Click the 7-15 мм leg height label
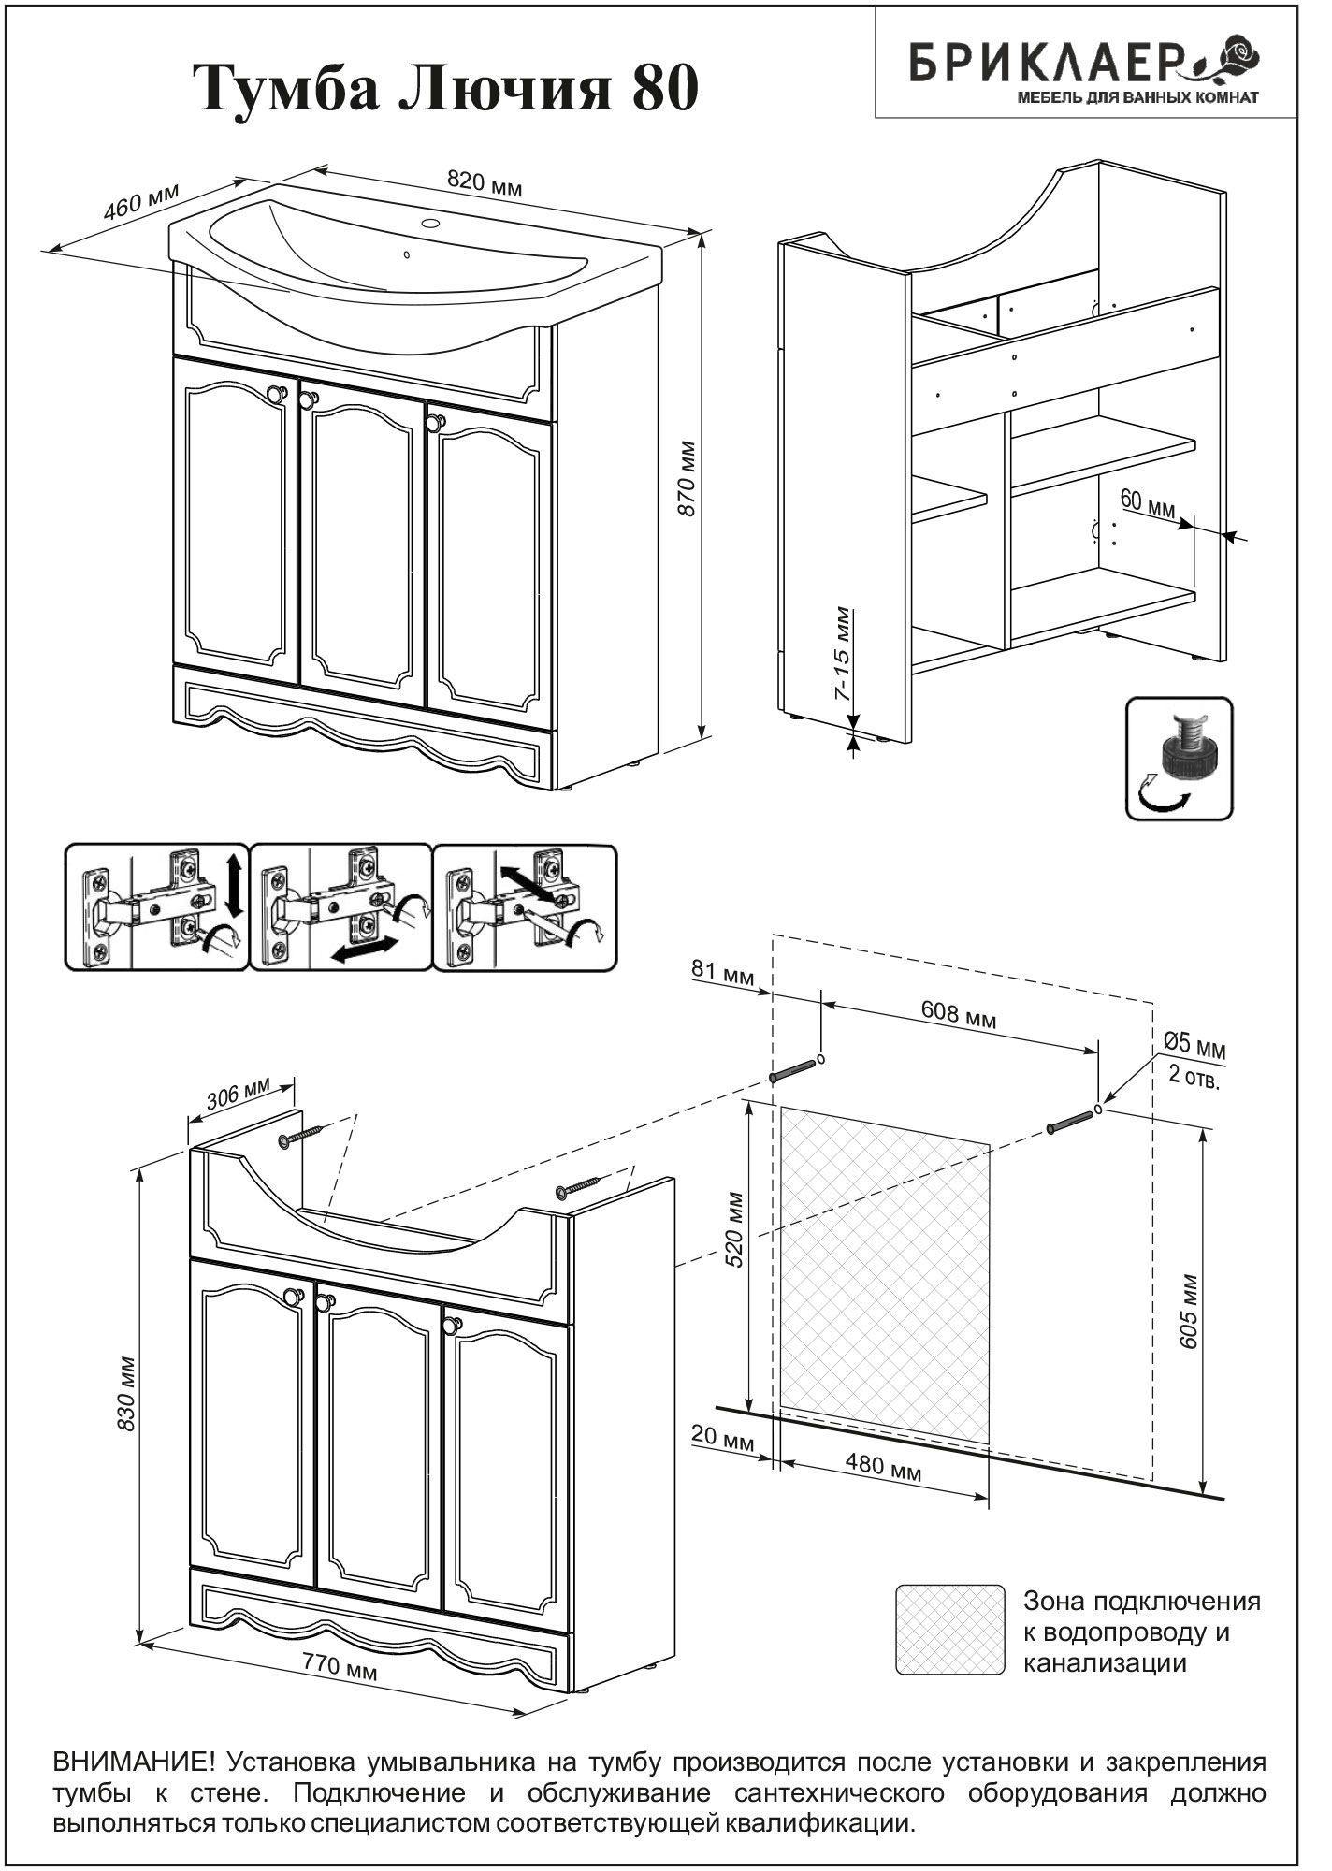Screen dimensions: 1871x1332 [843, 655]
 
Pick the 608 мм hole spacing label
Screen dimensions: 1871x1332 [959, 1014]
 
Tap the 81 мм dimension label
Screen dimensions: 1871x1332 [722, 975]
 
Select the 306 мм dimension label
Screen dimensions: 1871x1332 [238, 1094]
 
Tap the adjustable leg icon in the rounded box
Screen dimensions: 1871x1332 [1179, 758]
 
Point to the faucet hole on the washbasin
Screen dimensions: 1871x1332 [431, 224]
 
